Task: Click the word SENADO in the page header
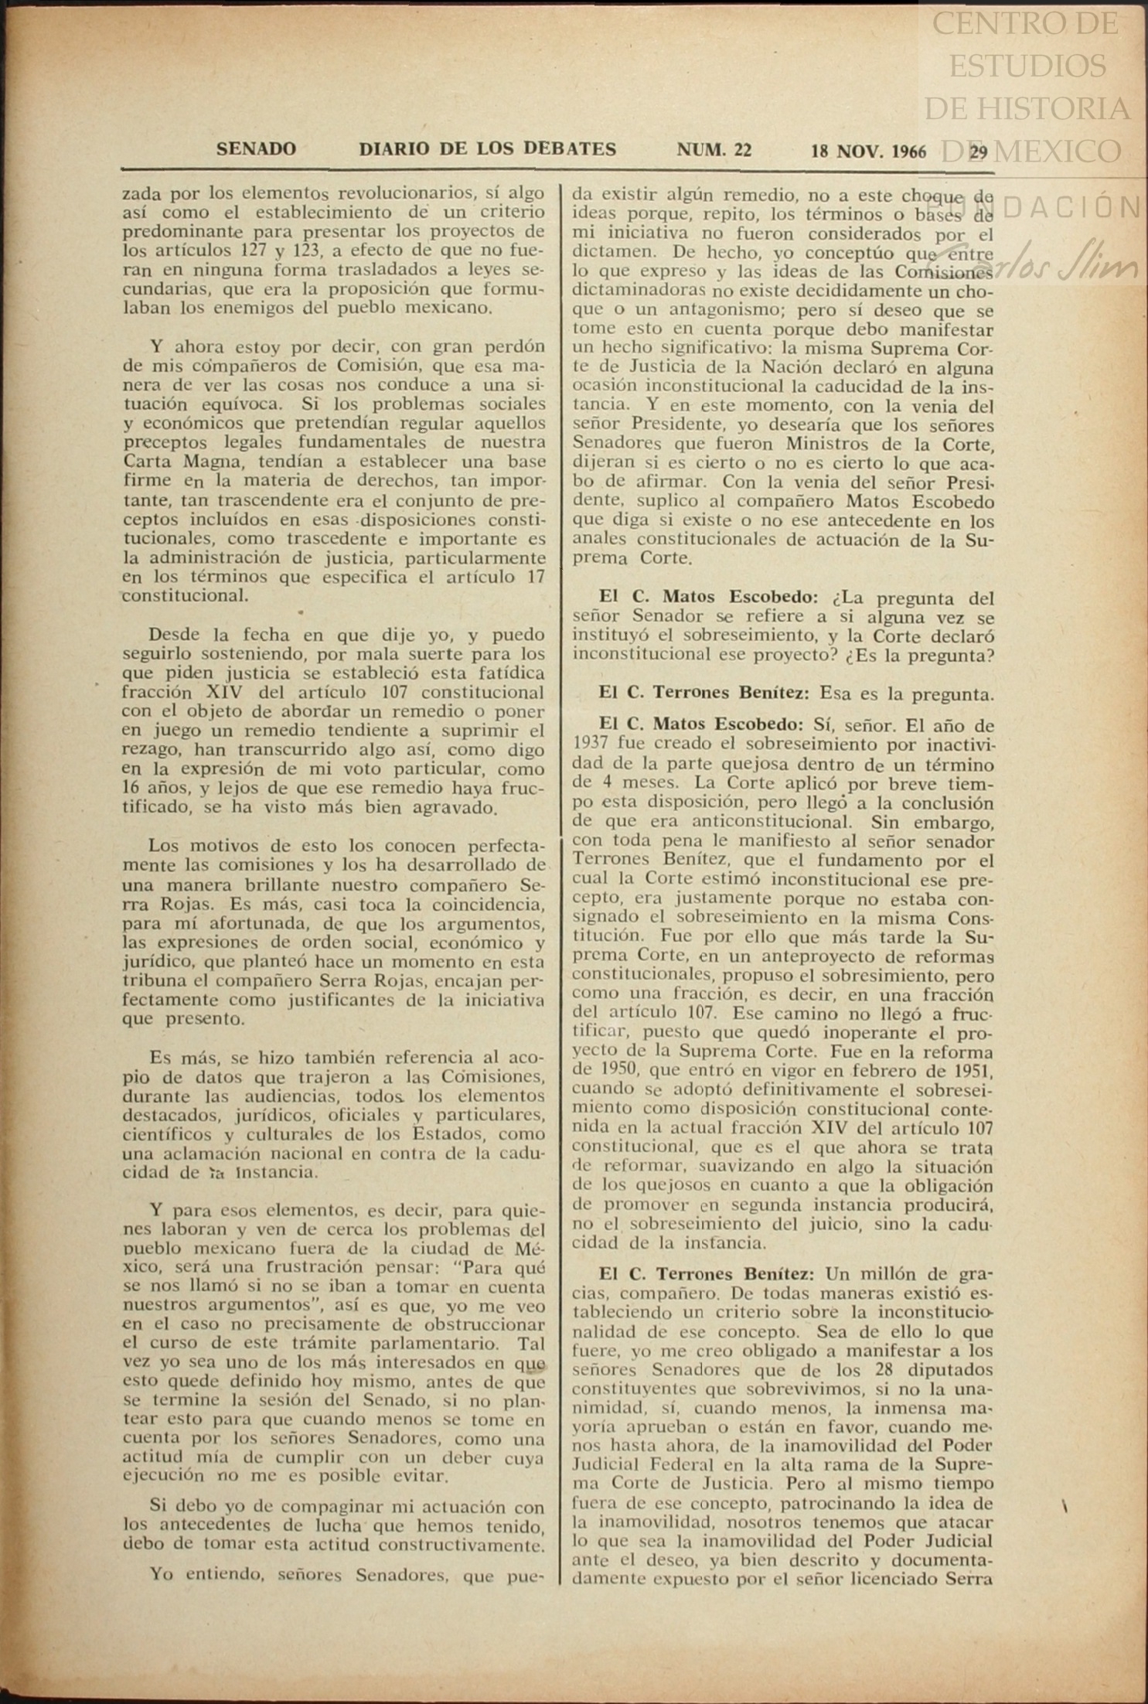click(x=256, y=149)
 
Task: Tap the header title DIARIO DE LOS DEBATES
click(x=487, y=149)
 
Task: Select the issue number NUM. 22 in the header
click(x=714, y=150)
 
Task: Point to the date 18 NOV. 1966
click(x=868, y=152)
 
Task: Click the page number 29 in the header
click(x=979, y=152)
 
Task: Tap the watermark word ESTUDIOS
click(x=1027, y=66)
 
